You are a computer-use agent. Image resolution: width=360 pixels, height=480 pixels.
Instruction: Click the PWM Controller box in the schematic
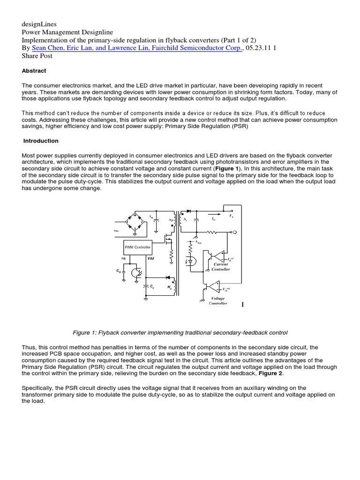(137, 247)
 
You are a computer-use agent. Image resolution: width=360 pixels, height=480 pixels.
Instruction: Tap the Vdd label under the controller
(150, 258)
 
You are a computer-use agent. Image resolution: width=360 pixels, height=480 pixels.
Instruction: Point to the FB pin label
(124, 258)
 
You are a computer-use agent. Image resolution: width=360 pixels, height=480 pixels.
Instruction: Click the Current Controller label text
(221, 267)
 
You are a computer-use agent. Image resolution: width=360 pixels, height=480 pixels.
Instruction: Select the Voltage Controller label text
(217, 300)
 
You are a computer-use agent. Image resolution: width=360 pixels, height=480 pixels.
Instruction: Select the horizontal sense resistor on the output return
(213, 232)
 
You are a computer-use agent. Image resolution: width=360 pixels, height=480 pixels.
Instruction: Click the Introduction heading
(41, 141)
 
